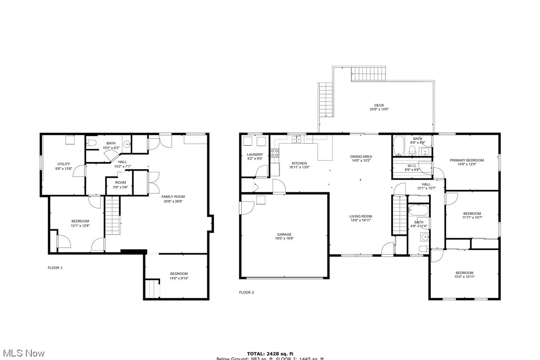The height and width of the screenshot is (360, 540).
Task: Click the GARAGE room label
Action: pos(284,234)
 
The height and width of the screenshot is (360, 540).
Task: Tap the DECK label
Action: pos(379,105)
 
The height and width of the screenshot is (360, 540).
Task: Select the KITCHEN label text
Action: pos(299,163)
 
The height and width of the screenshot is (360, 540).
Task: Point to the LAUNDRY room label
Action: pos(255,155)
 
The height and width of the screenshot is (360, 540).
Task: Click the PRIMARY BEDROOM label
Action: pos(466,160)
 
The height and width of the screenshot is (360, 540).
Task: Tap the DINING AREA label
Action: pos(361,157)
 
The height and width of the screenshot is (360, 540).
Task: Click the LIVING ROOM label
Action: pos(360,216)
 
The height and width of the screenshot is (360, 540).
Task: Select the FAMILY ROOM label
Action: pos(173,197)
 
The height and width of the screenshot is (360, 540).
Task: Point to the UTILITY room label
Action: pos(64,164)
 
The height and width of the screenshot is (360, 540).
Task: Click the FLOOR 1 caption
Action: pos(55,268)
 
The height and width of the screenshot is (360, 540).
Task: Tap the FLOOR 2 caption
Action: pos(247,292)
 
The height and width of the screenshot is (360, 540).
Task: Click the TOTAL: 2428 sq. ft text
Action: pos(270,353)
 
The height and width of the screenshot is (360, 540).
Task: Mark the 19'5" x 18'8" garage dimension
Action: pos(284,239)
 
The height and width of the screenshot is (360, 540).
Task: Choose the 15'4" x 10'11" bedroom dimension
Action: pos(464,277)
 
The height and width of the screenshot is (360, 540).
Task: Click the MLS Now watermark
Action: pos(22,353)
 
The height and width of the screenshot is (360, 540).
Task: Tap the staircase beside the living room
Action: pos(399,215)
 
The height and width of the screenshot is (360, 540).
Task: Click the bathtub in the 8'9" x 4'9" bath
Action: pos(399,146)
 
